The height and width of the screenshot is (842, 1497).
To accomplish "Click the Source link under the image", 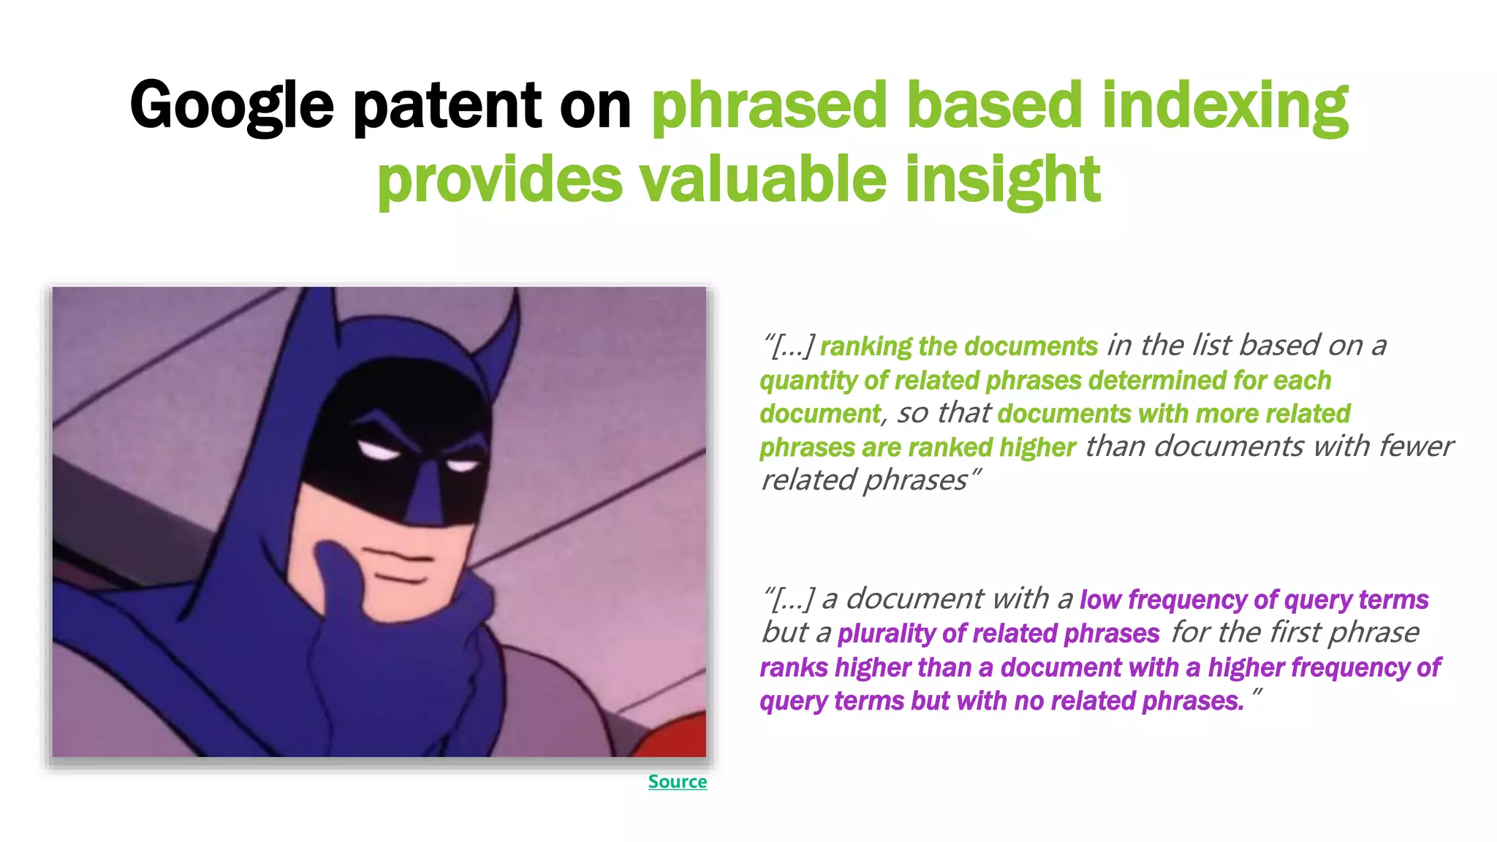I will point(677,781).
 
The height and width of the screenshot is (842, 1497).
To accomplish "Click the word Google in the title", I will point(232,105).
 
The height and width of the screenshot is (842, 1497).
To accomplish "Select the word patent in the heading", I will point(447,105).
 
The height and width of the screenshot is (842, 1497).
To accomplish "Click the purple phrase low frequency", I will point(1162,599).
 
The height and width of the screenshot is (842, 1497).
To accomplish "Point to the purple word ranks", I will point(794,667).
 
